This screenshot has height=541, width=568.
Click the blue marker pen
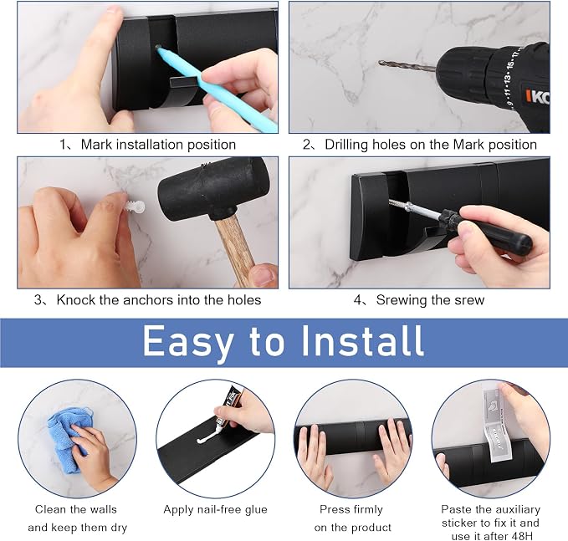217,89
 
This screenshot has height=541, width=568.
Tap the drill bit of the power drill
407,65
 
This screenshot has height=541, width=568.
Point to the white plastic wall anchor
135,207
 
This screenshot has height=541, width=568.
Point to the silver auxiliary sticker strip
494,425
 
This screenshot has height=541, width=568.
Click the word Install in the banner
362,341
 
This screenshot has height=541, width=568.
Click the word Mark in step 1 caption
96,145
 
